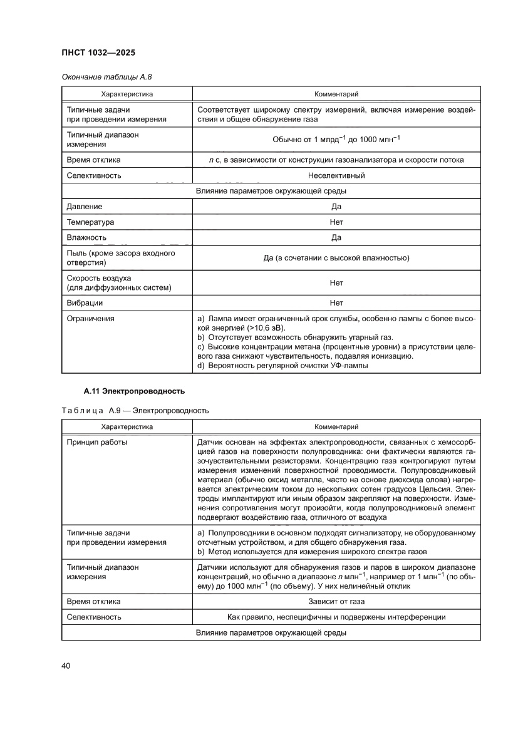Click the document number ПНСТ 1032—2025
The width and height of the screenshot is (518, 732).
tap(99, 53)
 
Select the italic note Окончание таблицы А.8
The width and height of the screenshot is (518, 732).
tap(106, 77)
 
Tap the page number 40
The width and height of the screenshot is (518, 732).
tap(66, 665)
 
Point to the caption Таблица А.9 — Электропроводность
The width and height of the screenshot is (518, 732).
tap(135, 410)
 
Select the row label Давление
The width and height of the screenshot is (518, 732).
tap(85, 206)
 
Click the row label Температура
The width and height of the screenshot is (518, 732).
tap(91, 222)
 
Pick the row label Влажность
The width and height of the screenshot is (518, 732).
tap(86, 237)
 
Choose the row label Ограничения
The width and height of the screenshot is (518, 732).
tap(91, 318)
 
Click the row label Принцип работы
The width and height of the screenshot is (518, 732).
tap(97, 441)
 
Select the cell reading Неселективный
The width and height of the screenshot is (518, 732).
tap(336, 175)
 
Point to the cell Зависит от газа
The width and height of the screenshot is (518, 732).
tap(336, 601)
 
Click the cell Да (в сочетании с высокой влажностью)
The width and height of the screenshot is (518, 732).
tap(336, 257)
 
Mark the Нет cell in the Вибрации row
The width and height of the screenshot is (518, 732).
tap(336, 302)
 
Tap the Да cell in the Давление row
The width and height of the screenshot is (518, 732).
tap(336, 206)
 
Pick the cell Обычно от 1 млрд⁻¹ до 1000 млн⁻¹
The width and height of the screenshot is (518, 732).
tap(336, 139)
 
